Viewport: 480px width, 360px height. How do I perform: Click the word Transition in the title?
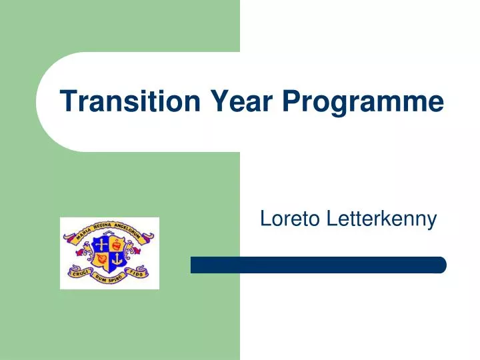click(x=130, y=101)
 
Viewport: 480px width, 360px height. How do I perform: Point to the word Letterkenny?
click(x=381, y=218)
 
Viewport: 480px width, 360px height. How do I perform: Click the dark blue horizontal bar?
click(x=318, y=265)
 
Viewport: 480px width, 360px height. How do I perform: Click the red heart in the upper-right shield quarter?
click(x=117, y=244)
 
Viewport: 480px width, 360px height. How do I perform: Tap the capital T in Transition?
click(x=67, y=101)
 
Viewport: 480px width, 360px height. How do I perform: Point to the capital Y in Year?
click(x=219, y=101)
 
